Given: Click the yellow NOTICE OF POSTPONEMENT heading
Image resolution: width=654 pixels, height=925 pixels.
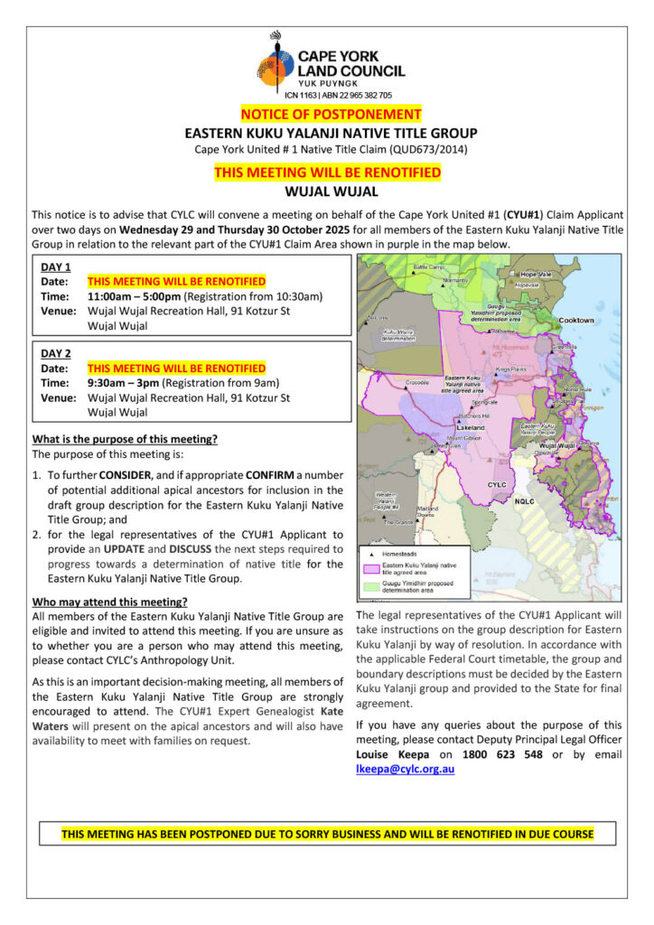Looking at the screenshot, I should [x=331, y=115].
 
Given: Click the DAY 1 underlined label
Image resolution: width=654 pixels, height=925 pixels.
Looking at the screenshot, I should [x=56, y=267].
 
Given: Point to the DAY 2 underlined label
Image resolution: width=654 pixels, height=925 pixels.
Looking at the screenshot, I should [x=56, y=353].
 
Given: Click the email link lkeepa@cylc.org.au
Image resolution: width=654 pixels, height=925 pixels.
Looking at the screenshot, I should [x=406, y=769].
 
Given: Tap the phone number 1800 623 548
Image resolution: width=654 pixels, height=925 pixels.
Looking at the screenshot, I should [x=511, y=753].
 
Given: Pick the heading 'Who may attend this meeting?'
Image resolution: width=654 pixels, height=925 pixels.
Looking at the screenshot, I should [x=109, y=602].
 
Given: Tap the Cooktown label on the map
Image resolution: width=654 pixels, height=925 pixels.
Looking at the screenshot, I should [x=576, y=320].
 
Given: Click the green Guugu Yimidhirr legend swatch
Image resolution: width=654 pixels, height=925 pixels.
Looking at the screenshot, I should [x=370, y=586].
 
